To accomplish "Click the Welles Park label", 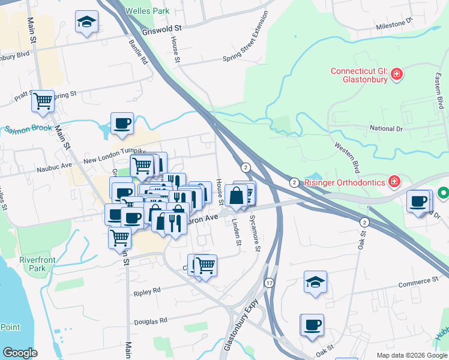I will pyautogui.click(x=148, y=11).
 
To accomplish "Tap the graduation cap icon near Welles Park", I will pyautogui.click(x=87, y=23).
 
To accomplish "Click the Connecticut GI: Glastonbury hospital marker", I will pyautogui.click(x=396, y=74).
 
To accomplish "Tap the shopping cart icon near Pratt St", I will pyautogui.click(x=43, y=101).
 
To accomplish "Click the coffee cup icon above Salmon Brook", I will pyautogui.click(x=122, y=124).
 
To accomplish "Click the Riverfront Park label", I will pyautogui.click(x=32, y=264).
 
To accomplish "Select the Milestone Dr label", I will pyautogui.click(x=394, y=24).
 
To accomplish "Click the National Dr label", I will pyautogui.click(x=390, y=128).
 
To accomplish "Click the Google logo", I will pyautogui.click(x=20, y=353).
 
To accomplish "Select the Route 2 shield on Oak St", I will pyautogui.click(x=363, y=222).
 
